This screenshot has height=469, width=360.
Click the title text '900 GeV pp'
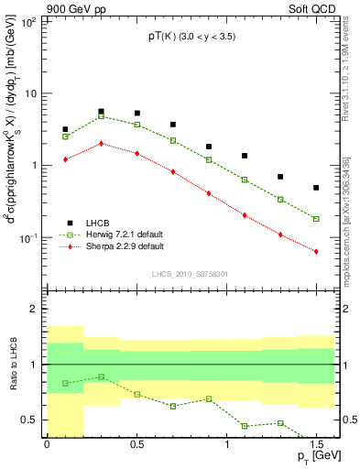point(35,7)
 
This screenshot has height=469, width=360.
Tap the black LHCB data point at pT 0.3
point(101,112)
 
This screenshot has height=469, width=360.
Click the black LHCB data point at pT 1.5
point(316,188)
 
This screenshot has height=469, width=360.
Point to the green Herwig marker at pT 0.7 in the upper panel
point(172,140)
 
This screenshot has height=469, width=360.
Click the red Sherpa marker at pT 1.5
point(316,251)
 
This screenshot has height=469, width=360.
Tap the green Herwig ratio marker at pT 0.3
point(101,376)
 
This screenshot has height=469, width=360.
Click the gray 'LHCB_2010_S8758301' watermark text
point(190,273)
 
